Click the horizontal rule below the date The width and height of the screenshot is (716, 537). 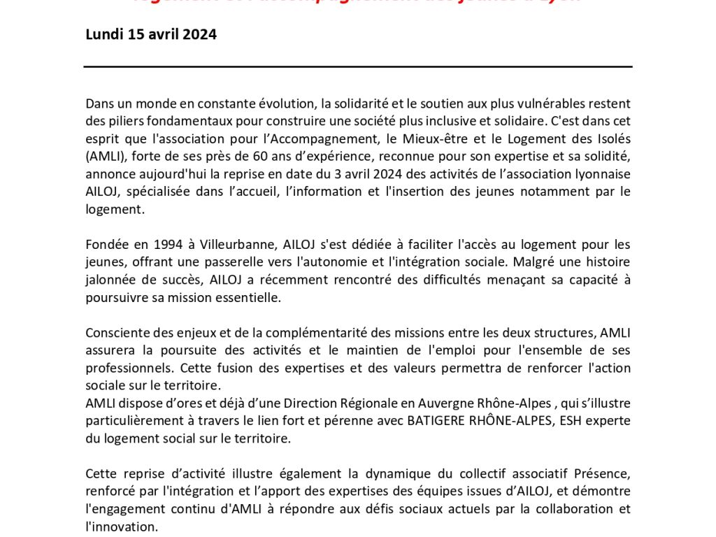tap(358, 66)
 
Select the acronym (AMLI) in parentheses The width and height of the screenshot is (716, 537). tap(106, 156)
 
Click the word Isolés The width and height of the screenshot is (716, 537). tap(610, 138)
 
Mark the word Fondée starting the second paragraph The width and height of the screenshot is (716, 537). tap(108, 245)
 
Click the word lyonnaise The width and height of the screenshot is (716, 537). tap(601, 173)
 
